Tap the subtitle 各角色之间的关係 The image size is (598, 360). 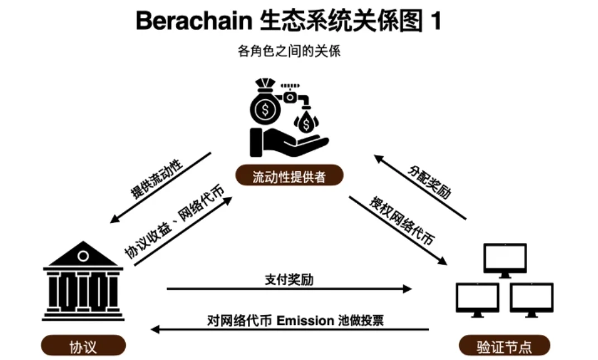(289, 52)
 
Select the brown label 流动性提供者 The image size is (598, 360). (289, 177)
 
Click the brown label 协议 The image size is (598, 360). (83, 347)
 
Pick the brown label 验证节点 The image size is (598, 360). (504, 347)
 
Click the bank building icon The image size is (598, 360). (83, 281)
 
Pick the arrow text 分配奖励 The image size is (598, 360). (429, 183)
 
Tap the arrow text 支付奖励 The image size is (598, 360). (289, 280)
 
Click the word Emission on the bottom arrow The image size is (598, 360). (305, 320)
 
